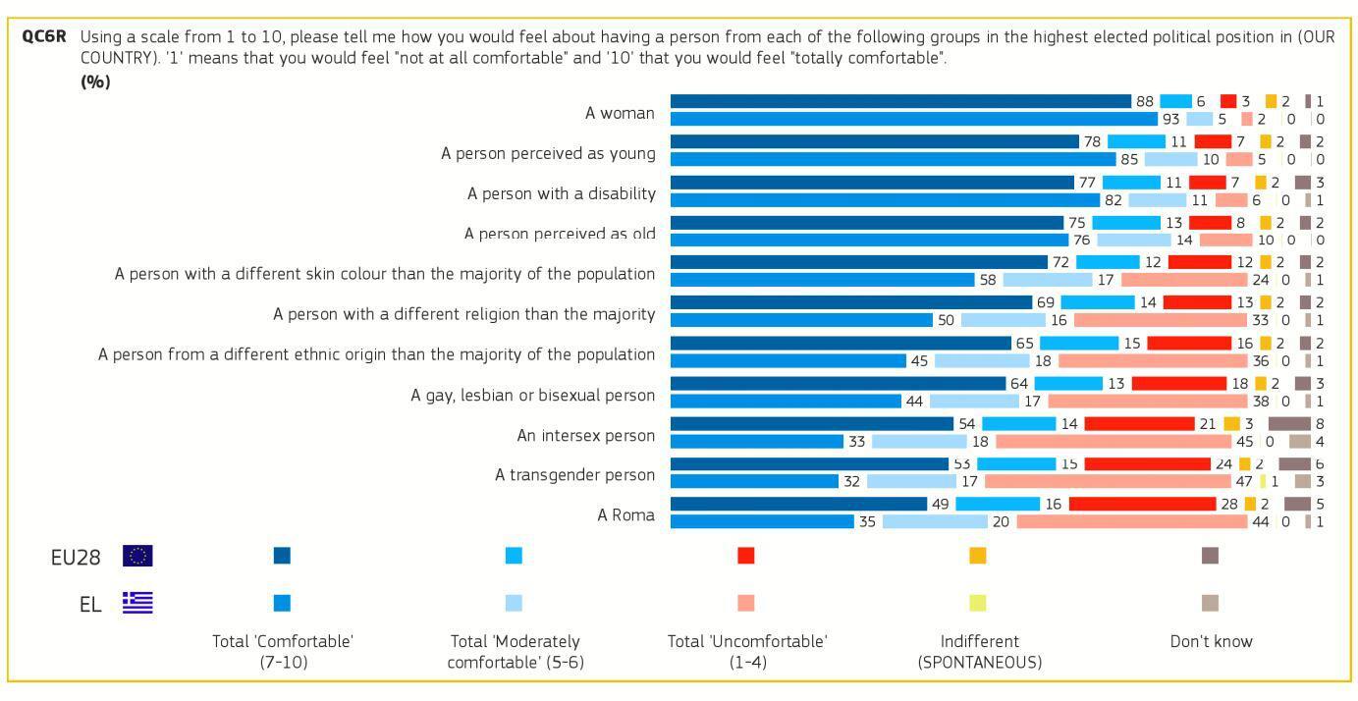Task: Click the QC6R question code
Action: [42, 37]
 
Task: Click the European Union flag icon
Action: [137, 556]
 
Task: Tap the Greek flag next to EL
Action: [137, 602]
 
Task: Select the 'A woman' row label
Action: [620, 113]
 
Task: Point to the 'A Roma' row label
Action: [625, 514]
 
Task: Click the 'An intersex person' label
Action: [585, 435]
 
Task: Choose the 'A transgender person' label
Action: [574, 475]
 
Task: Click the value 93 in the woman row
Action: [1170, 119]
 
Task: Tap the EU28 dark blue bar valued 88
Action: [900, 101]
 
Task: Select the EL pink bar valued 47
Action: [1107, 481]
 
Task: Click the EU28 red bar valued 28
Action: [1142, 504]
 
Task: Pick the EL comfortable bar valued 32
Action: [754, 481]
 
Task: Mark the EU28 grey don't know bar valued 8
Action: [1289, 423]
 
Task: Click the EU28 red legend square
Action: [745, 556]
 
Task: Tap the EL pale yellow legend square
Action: [977, 602]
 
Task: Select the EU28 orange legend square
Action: [977, 556]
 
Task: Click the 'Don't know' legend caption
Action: [1211, 641]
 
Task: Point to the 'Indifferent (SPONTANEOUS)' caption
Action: [979, 652]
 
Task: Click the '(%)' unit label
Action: [95, 81]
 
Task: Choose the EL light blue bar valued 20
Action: [935, 521]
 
